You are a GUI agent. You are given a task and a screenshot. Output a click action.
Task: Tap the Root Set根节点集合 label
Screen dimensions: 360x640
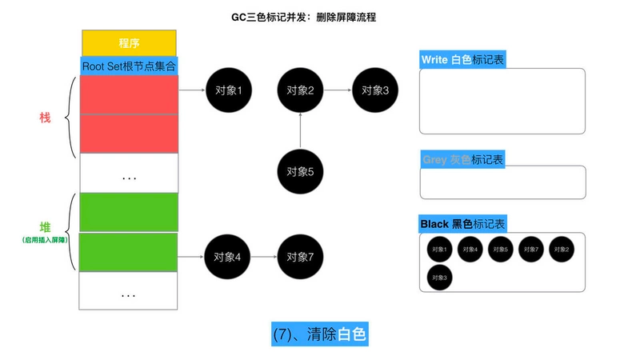tap(129, 66)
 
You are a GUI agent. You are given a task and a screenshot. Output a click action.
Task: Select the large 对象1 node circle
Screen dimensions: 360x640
tap(228, 90)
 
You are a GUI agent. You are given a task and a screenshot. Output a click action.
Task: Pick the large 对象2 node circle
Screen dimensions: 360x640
tap(300, 90)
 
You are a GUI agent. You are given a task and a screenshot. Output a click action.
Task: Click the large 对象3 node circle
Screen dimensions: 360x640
tap(374, 90)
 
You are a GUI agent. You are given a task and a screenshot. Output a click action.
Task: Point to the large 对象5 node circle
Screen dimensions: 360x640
tap(300, 170)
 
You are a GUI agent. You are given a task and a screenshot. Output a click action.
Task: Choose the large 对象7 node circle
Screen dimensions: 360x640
tap(300, 257)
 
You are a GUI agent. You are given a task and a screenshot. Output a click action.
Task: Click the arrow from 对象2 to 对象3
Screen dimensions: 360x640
tap(337, 90)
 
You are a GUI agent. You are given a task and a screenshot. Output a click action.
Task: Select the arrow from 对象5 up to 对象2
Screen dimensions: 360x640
tap(300, 130)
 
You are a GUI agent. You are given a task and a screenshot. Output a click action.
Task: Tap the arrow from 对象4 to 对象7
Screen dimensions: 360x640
tap(264, 257)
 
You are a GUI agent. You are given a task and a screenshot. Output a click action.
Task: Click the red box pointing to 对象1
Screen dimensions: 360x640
tap(129, 94)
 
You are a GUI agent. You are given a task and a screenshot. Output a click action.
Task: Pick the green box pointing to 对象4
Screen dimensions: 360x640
tap(129, 252)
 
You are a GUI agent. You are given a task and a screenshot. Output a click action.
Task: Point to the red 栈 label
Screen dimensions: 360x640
tap(45, 118)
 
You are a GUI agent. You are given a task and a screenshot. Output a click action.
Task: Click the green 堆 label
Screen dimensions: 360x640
tap(45, 227)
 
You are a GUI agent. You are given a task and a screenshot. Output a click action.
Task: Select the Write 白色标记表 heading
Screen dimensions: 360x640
tap(462, 60)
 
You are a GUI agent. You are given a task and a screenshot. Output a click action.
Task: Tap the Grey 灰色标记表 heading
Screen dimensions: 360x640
tap(462, 159)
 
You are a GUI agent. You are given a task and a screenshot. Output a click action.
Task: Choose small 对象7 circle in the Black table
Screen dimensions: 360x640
tap(531, 249)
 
